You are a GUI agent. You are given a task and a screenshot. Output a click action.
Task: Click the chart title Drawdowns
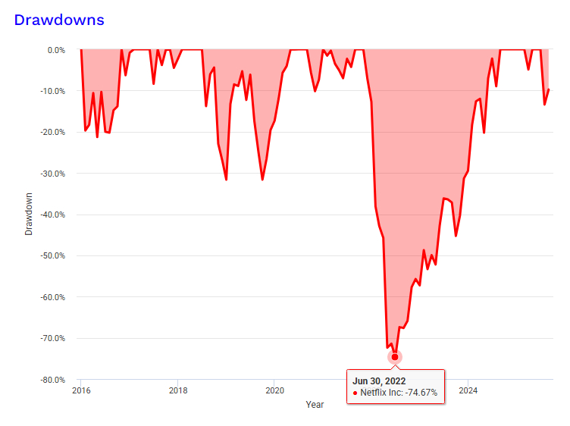point(59,20)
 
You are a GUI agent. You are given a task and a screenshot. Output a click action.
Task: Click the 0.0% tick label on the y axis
point(56,50)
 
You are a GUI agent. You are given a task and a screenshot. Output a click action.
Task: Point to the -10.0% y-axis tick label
point(54,91)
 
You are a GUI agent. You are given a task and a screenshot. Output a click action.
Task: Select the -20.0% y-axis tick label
point(54,133)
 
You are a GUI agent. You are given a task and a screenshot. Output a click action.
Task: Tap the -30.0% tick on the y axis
point(54,174)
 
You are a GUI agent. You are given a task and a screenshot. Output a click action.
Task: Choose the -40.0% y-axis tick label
point(54,215)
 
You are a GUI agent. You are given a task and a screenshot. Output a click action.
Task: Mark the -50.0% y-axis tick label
point(54,256)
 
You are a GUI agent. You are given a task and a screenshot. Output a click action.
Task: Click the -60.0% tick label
point(54,297)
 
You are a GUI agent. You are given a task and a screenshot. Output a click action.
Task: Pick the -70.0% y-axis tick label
point(54,338)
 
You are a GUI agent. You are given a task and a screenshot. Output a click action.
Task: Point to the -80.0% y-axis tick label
point(54,380)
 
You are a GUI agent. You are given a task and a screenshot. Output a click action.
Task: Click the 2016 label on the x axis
point(80,391)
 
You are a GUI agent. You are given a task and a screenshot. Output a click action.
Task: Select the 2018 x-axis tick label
point(177,391)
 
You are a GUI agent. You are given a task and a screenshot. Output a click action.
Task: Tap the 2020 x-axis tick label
point(274,391)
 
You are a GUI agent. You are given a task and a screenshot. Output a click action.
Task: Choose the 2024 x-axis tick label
point(468,391)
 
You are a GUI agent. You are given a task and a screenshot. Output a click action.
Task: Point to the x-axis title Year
point(315,405)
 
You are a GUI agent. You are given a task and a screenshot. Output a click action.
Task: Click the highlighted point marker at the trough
point(395,356)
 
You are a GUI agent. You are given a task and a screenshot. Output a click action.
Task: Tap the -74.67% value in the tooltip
point(420,393)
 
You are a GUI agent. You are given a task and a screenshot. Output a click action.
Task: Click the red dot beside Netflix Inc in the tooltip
point(355,393)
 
